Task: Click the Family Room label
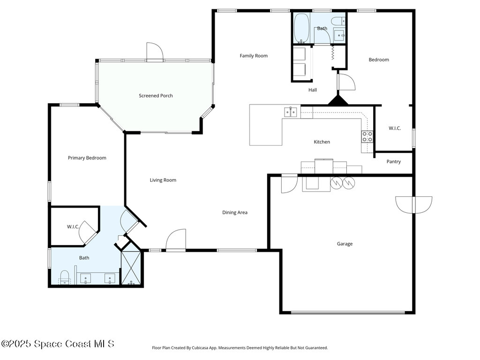point(254,56)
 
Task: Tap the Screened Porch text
point(156,96)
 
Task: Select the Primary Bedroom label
point(87,158)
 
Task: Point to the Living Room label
point(163,180)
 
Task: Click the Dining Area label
point(234,212)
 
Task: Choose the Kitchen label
point(322,142)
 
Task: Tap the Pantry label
point(393,162)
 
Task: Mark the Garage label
point(345,244)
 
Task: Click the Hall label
point(313,90)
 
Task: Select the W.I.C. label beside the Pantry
point(395,128)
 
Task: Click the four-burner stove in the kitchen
point(367,136)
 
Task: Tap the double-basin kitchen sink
point(291,112)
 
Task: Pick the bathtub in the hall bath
point(301,28)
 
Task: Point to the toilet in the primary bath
point(65,277)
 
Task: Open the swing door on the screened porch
point(155,52)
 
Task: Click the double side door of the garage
point(413,204)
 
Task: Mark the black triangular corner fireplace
point(337,100)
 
